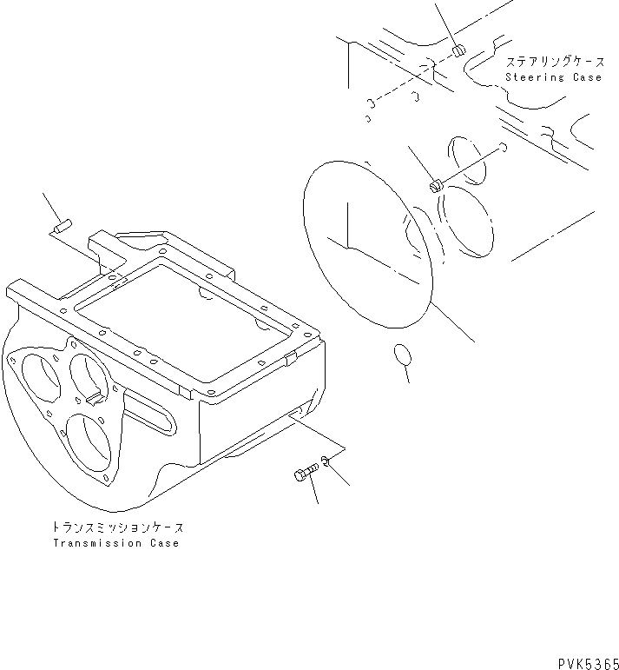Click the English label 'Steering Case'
553,77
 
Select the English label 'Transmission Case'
115,543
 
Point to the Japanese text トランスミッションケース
118,527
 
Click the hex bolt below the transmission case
303,475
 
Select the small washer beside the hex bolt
325,461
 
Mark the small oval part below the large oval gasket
401,354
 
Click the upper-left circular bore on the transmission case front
35,374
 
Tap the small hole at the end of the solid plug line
503,149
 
